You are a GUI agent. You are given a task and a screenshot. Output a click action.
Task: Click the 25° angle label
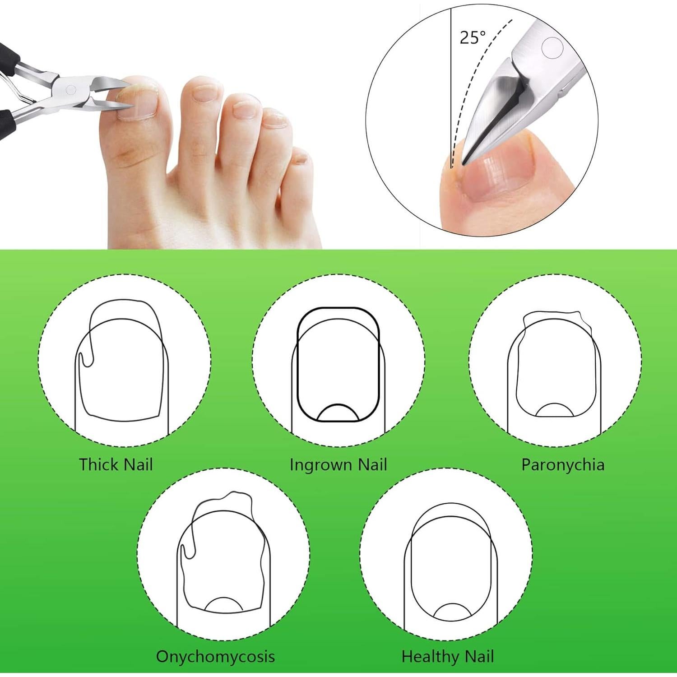click(473, 37)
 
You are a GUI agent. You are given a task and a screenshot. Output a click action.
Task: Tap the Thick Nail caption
click(116, 464)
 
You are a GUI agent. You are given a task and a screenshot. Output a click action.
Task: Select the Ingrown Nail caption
click(338, 464)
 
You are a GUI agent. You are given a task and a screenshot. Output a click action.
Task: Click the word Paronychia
click(562, 464)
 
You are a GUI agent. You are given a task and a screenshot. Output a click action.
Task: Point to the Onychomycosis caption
click(215, 656)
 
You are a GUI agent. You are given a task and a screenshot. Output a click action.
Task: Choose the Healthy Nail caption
click(448, 656)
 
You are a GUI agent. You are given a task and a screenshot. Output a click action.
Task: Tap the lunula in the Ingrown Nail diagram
click(338, 413)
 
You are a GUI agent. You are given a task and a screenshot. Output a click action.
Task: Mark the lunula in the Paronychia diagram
click(554, 410)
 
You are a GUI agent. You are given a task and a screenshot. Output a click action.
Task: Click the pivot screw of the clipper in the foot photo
click(71, 89)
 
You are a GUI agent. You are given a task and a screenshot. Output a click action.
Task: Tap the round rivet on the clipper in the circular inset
click(552, 48)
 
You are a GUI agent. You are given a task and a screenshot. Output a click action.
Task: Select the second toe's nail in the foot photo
click(201, 93)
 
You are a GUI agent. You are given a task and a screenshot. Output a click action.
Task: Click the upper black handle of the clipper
click(8, 59)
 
